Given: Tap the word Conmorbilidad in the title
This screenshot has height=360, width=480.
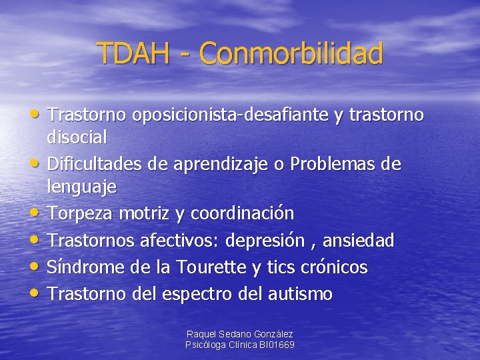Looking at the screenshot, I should click(291, 53).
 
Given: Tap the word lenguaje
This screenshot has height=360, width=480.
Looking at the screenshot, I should click(81, 187).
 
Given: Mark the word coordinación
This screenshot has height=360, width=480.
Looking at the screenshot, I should click(242, 213).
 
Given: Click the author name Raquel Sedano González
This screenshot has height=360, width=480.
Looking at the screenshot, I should click(240, 334).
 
